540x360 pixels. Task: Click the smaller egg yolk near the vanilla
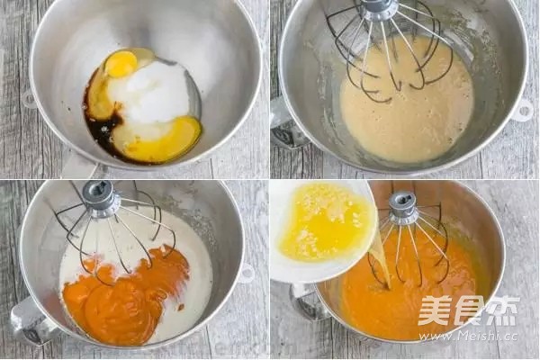click(121, 64)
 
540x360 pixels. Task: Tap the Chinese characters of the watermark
click(468, 310)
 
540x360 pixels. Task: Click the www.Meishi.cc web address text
click(468, 335)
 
